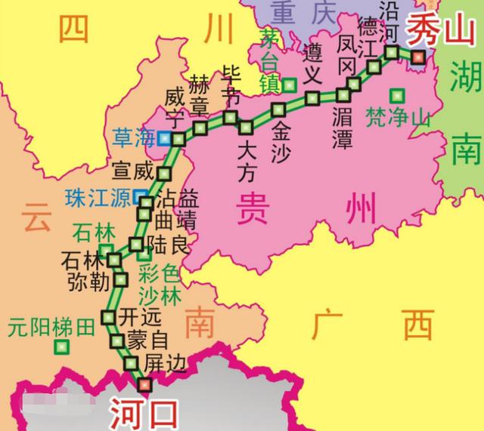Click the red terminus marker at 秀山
[418, 56]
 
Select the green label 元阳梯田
[51, 328]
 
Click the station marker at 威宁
[178, 139]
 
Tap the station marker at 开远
[108, 316]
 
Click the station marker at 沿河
[392, 52]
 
